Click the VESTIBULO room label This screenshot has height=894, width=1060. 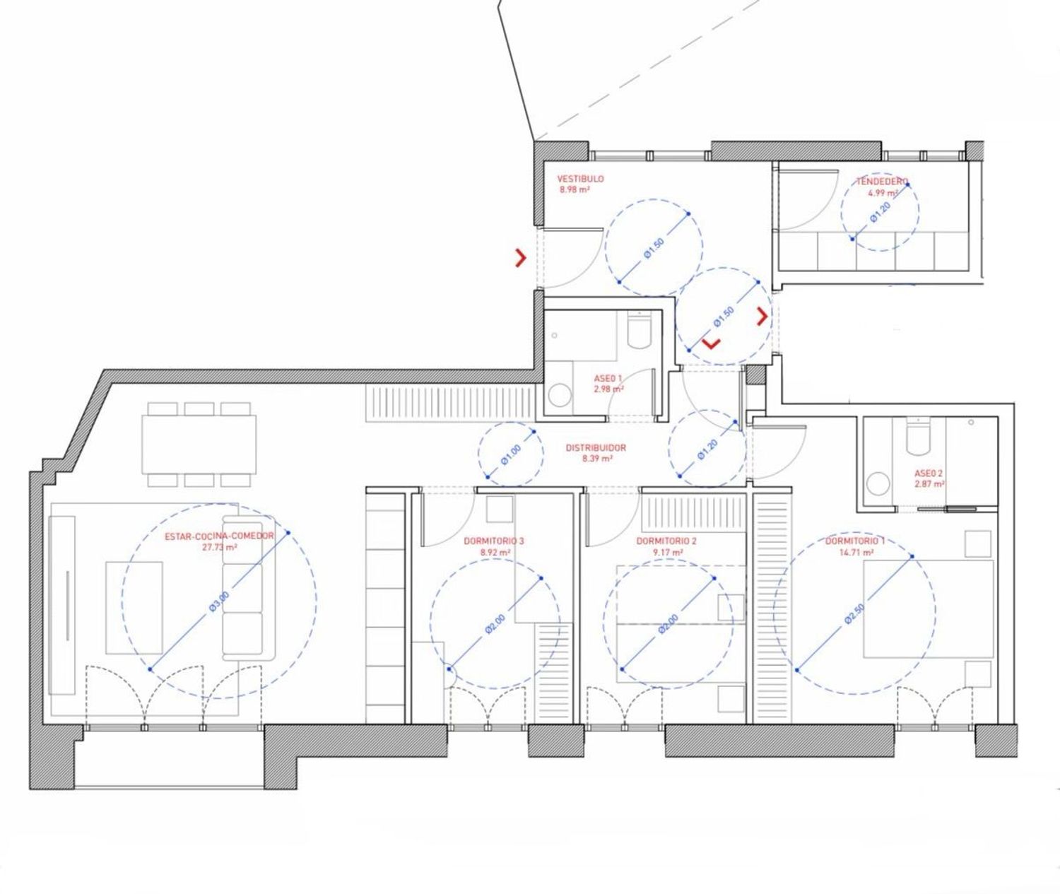(580, 179)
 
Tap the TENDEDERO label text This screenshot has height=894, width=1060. (883, 181)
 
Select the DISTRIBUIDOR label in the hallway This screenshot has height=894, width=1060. (596, 448)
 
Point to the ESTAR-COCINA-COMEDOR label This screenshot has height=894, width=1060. (219, 536)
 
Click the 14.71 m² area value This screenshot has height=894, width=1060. (856, 553)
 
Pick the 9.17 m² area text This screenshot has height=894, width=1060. (668, 553)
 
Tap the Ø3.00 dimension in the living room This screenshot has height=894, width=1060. (219, 601)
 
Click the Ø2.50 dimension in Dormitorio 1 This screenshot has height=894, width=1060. (854, 613)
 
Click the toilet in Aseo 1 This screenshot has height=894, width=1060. (639, 329)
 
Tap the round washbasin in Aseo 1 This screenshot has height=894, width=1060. (560, 396)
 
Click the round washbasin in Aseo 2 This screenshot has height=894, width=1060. (878, 484)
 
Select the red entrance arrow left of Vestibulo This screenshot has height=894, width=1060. (520, 258)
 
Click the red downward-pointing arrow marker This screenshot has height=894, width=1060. (712, 344)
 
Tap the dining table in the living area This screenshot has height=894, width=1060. (199, 445)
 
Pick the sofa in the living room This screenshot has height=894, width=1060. (249, 588)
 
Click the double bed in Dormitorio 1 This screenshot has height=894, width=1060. (928, 609)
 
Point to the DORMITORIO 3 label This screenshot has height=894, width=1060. (494, 541)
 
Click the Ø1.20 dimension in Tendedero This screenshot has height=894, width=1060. (881, 212)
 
